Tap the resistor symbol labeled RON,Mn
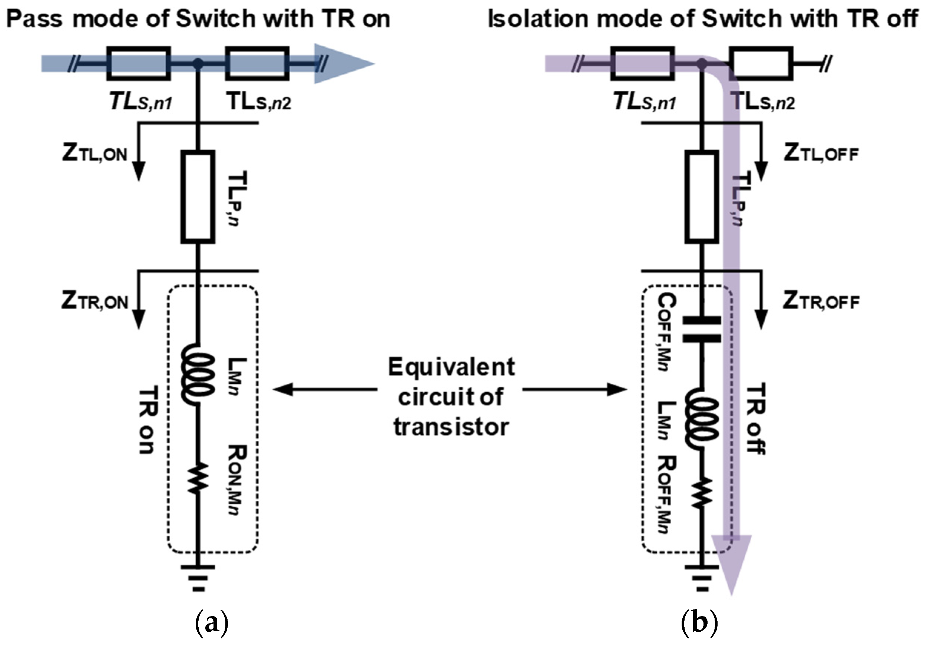tap(198, 477)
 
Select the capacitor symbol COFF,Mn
tap(702, 330)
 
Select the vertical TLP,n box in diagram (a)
tap(198, 197)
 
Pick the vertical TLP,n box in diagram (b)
tap(702, 197)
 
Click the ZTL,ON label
tap(95, 153)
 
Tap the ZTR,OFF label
tap(821, 301)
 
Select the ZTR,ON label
tap(95, 301)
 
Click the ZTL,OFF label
tap(821, 153)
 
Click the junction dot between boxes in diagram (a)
tap(198, 63)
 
